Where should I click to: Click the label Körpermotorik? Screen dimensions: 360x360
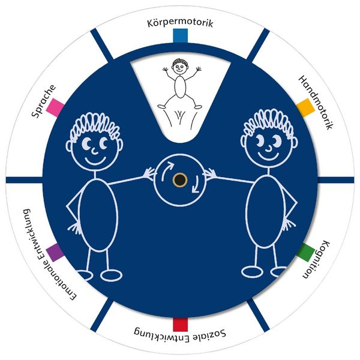[x=180, y=23]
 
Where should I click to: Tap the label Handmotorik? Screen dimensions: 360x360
[x=316, y=103]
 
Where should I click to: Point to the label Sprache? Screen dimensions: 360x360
[x=44, y=101]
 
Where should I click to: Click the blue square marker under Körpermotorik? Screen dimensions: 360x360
[x=180, y=35]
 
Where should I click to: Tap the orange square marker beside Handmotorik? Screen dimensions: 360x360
[x=305, y=107]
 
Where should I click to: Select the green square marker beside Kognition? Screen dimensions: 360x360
[x=305, y=253]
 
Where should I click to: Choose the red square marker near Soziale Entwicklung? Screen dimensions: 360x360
[x=180, y=325]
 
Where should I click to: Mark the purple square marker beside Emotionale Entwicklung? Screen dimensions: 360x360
[x=55, y=253]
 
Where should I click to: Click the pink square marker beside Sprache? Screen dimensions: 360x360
[x=55, y=107]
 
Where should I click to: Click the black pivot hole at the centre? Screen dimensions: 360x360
[x=180, y=179]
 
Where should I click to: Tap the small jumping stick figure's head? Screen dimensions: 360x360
[x=180, y=67]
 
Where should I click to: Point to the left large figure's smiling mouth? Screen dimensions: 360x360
[x=95, y=160]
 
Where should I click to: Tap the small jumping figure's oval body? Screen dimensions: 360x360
[x=180, y=87]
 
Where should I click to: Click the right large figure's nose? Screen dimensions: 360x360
[x=269, y=149]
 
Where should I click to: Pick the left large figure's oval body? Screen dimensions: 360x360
[x=98, y=215]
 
